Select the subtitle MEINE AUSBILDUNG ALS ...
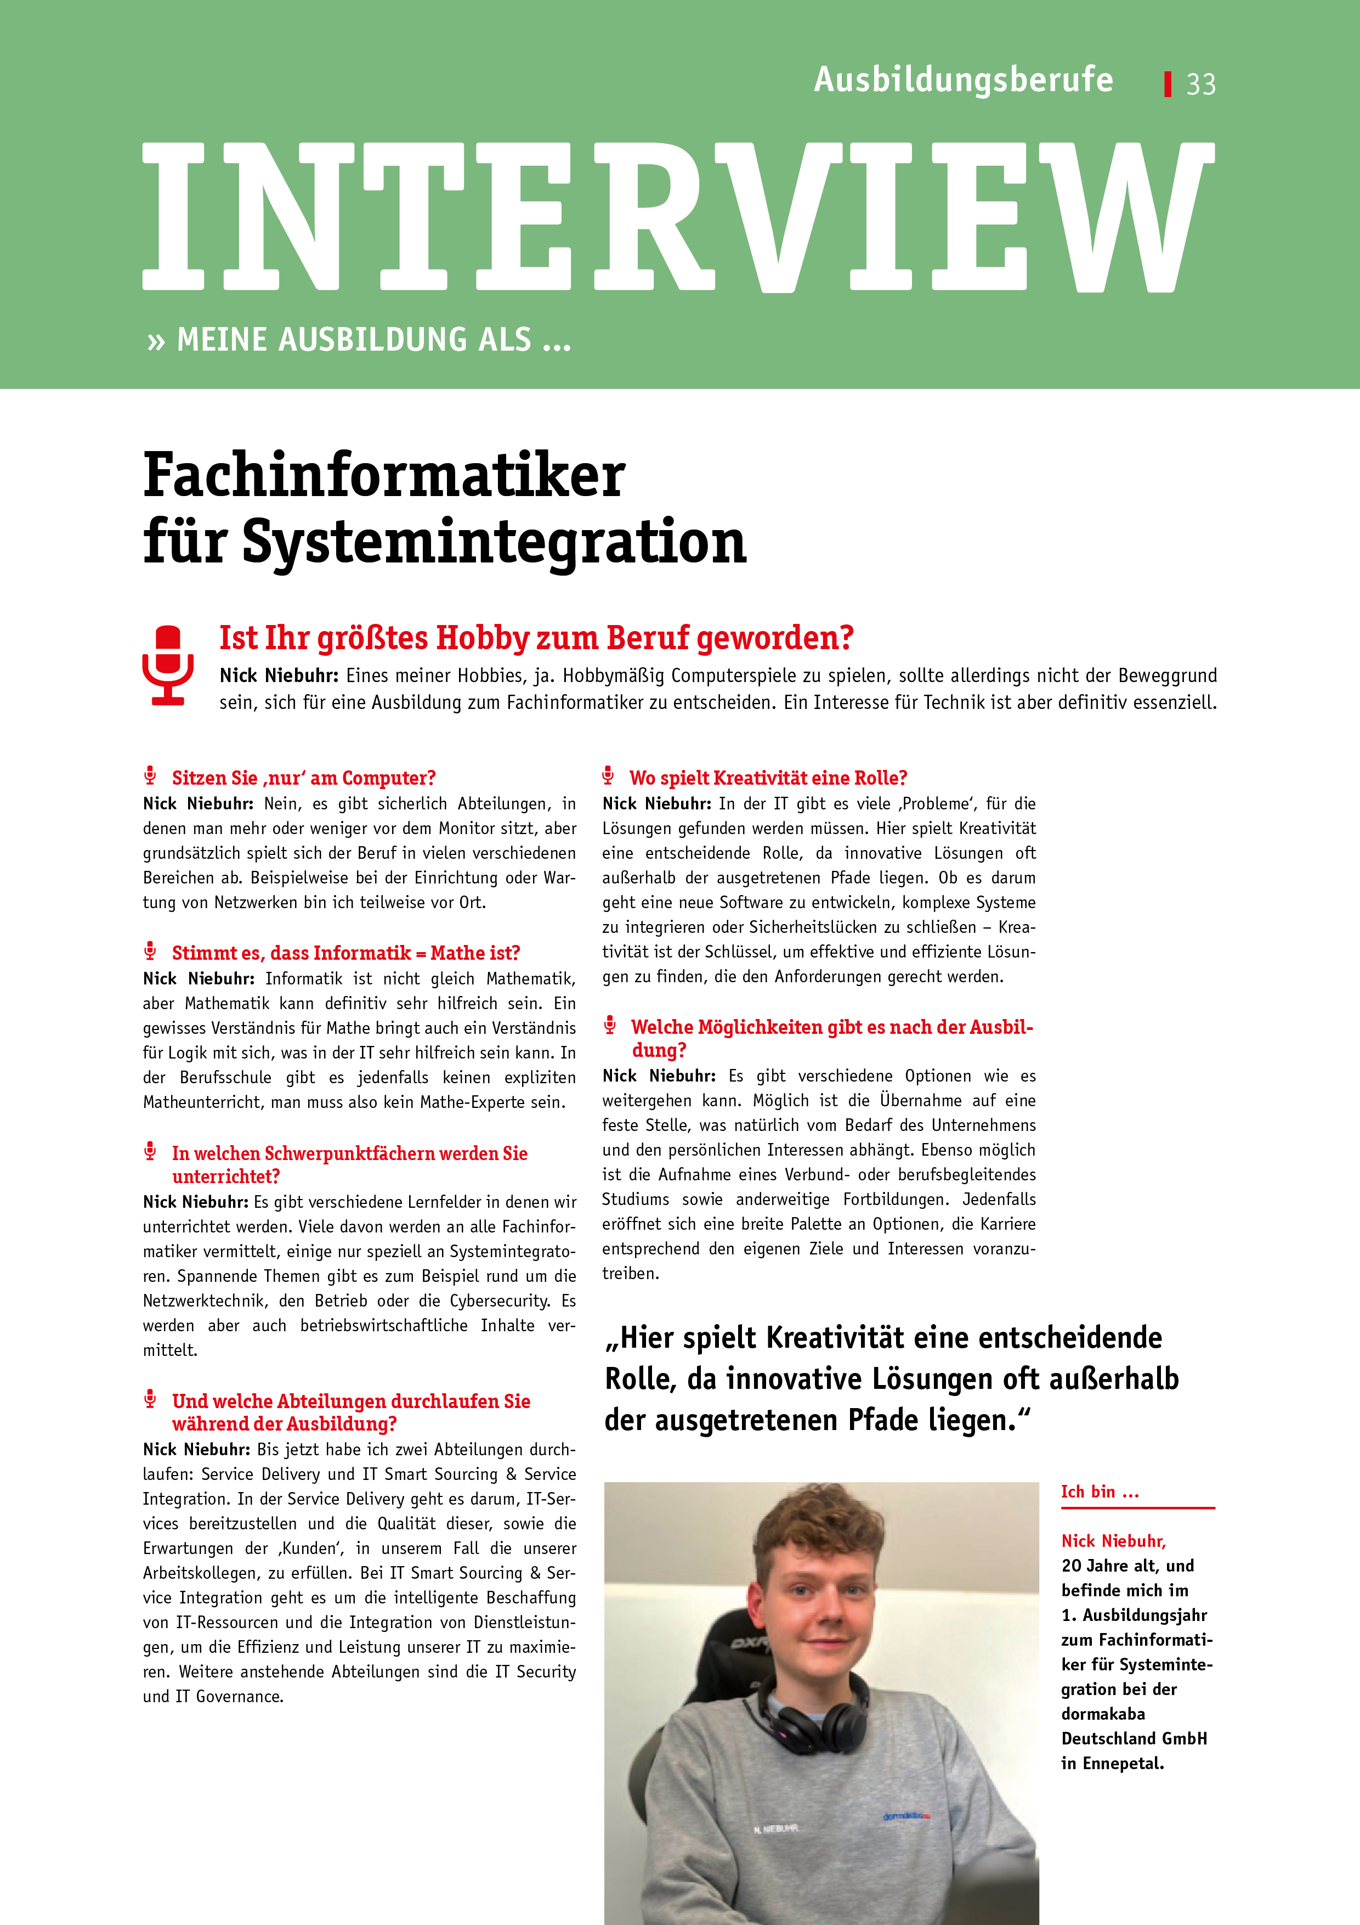pyautogui.click(x=373, y=340)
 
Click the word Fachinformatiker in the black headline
pyautogui.click(x=384, y=475)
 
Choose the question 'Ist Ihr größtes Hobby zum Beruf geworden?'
pyautogui.click(x=536, y=638)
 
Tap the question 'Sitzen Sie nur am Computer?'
pyautogui.click(x=303, y=778)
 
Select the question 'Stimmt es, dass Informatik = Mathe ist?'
pyautogui.click(x=345, y=953)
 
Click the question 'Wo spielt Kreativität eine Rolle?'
pyautogui.click(x=768, y=778)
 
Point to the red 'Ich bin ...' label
pyautogui.click(x=1100, y=1491)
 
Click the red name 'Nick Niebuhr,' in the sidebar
pyautogui.click(x=1113, y=1541)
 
